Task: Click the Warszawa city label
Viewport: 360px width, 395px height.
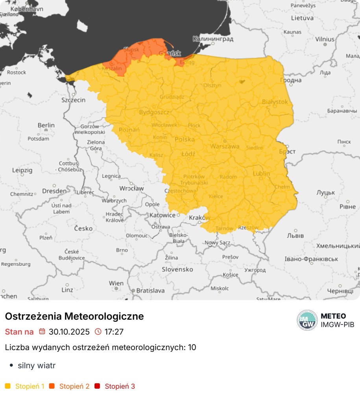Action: [x=225, y=146]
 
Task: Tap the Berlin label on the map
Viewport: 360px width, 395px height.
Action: [x=46, y=125]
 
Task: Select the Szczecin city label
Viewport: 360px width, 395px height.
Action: [x=73, y=100]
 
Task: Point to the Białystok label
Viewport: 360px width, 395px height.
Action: [x=275, y=102]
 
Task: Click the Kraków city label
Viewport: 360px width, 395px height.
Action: [x=199, y=218]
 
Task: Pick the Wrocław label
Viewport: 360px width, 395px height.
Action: [x=131, y=188]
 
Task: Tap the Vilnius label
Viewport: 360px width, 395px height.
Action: [x=325, y=39]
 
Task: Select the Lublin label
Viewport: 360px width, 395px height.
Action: [x=261, y=173]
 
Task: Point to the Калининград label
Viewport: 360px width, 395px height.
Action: [x=213, y=39]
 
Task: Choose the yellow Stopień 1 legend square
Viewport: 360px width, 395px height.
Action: [x=8, y=386]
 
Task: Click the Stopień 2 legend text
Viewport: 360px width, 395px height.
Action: [x=74, y=386]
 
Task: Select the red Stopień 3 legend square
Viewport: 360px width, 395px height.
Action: [x=97, y=386]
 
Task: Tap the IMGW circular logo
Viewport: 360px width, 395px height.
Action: [x=307, y=320]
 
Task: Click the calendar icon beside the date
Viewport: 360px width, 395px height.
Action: [x=42, y=332]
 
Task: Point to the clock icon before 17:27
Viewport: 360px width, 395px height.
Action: [x=98, y=332]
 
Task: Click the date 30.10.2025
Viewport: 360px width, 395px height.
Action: [x=69, y=332]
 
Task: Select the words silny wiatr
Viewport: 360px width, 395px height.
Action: [x=37, y=365]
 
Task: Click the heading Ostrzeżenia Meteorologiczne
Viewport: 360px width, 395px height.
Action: [x=74, y=316]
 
